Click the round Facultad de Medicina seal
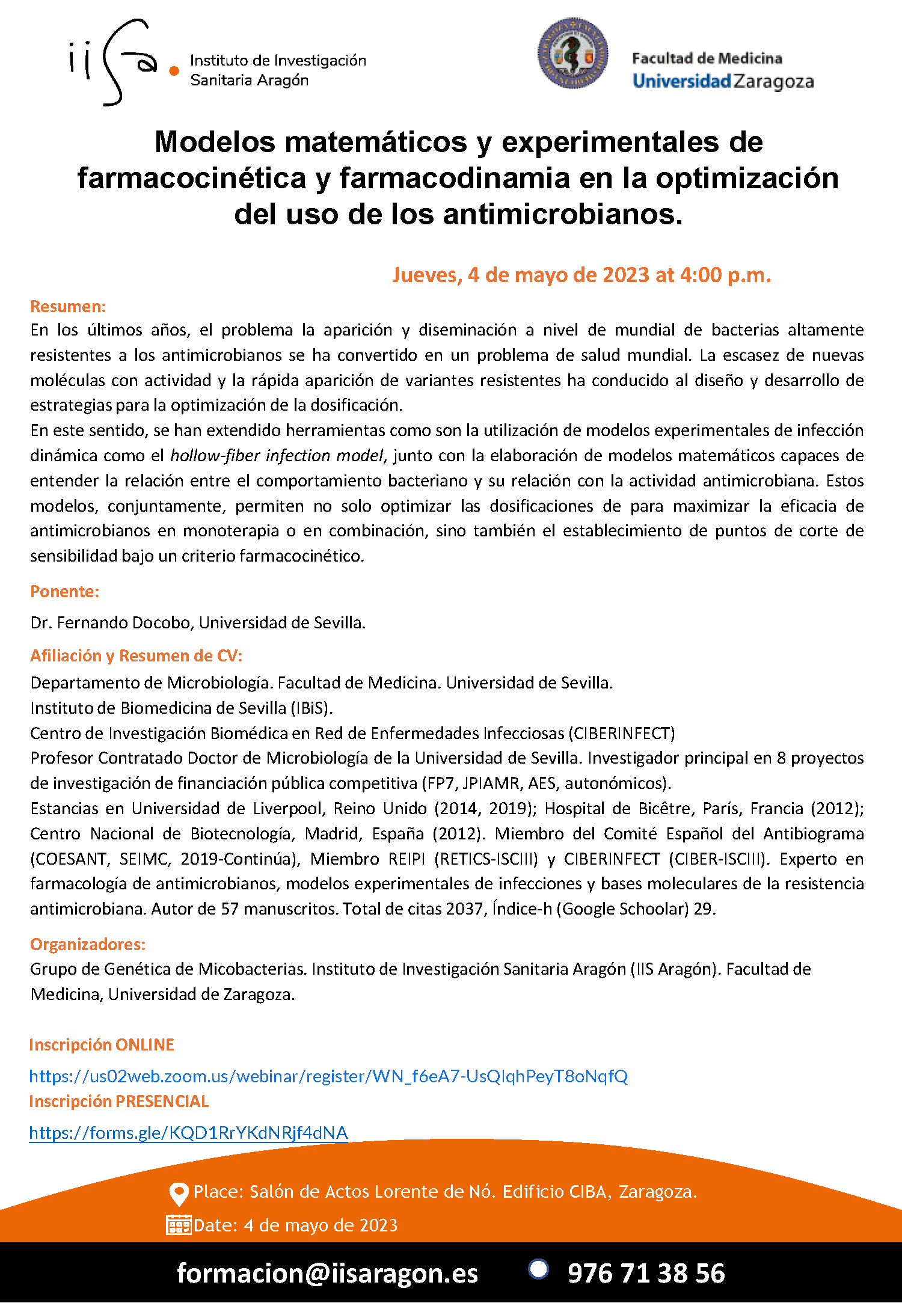572,54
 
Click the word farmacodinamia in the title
454,179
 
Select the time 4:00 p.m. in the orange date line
725,275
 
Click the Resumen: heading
68,306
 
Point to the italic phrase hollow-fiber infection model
277,456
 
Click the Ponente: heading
65,592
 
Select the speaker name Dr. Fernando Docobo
111,623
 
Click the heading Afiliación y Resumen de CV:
137,655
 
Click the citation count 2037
464,909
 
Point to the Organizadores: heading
88,944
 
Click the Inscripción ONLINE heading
102,1044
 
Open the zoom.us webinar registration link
328,1076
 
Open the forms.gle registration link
188,1133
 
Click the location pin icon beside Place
179,1194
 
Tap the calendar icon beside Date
178,1225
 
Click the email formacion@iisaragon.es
327,1273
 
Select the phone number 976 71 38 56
646,1273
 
